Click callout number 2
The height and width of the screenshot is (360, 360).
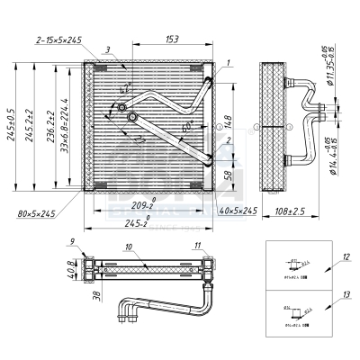point(229,140)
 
